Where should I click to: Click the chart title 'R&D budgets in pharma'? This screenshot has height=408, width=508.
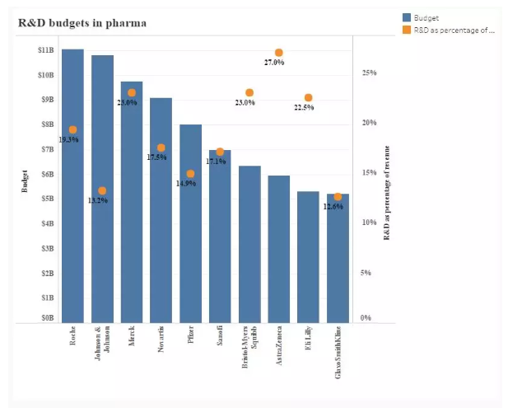(x=82, y=23)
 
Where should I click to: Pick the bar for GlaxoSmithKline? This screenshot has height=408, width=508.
(x=338, y=264)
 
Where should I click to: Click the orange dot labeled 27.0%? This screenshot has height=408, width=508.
(x=279, y=53)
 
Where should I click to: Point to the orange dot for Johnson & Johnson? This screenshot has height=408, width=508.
(x=102, y=190)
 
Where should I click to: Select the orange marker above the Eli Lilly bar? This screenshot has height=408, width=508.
(x=308, y=97)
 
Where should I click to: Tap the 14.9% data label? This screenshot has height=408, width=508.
(x=186, y=184)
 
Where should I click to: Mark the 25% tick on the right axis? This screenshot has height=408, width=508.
(x=369, y=73)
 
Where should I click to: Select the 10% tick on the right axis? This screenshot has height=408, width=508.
(x=369, y=223)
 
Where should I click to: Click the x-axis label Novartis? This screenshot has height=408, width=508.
(x=161, y=340)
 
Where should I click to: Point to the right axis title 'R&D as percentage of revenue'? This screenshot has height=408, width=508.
(x=388, y=192)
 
